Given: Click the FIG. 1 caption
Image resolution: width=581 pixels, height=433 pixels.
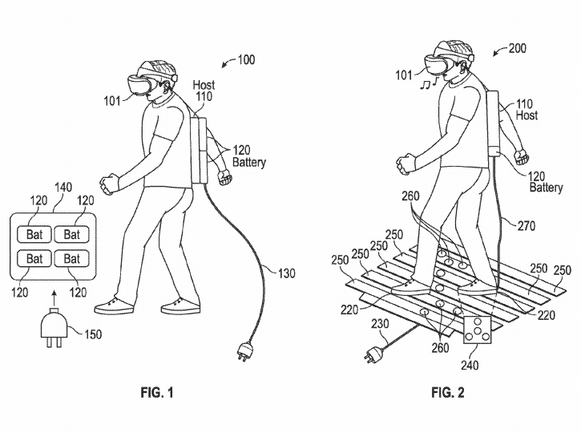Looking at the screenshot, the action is (157, 392).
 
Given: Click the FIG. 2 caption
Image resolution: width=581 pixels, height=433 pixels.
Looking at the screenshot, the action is (448, 392).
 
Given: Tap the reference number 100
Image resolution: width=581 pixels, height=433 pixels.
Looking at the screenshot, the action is (246, 59).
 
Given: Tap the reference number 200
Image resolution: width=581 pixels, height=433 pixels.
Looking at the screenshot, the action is (517, 48).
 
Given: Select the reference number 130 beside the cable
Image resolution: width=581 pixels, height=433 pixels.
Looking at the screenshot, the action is (286, 273).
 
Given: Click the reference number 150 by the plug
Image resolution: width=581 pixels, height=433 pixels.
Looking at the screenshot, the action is (93, 334).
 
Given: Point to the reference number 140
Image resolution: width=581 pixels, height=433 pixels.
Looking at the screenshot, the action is (63, 187).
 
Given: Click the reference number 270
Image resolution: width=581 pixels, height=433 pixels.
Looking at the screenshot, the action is (527, 225).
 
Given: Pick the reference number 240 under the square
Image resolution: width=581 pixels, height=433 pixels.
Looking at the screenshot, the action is (470, 365).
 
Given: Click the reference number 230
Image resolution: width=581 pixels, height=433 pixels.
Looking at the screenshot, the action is (380, 324).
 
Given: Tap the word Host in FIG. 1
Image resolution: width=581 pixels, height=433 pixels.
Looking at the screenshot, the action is (204, 85).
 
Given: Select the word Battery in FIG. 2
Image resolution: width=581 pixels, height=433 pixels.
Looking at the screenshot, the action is (546, 187).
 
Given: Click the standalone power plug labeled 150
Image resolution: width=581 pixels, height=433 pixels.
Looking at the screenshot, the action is (54, 330).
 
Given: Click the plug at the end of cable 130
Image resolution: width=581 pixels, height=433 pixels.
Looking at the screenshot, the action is (243, 351).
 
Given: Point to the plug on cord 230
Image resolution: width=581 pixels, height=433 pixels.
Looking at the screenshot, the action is (374, 354).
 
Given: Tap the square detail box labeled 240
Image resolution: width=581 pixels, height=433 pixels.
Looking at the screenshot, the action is (478, 330).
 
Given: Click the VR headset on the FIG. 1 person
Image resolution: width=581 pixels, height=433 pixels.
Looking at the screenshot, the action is (139, 85).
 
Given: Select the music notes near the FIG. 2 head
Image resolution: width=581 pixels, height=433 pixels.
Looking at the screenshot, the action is (430, 83).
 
